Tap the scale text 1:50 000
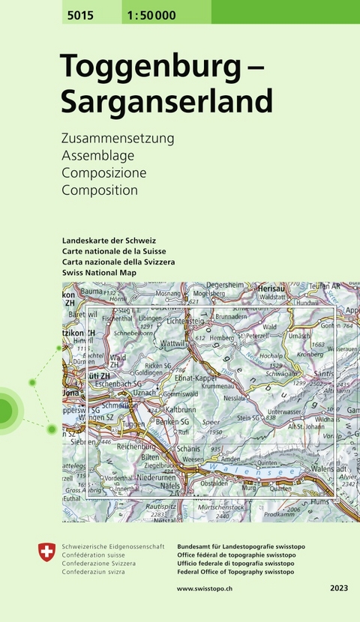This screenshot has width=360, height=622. point(128,11)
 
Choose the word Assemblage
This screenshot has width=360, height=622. point(98,156)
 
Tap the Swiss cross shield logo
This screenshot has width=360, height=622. point(46,554)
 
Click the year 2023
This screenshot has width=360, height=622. point(339,590)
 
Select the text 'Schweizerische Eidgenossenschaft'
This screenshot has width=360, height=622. point(112,547)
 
